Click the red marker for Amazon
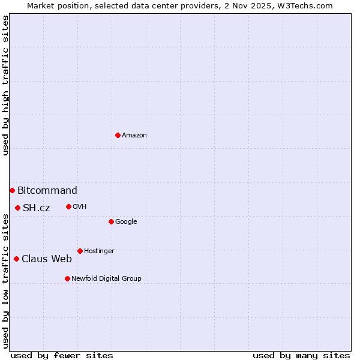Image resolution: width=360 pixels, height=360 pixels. click(118, 135)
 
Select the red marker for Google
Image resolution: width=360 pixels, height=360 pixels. click(111, 221)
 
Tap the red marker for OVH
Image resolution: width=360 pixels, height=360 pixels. click(68, 206)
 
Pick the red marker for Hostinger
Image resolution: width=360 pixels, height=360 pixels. click(80, 251)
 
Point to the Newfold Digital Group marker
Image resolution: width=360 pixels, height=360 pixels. click(67, 278)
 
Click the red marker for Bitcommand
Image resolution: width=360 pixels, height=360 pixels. click(12, 190)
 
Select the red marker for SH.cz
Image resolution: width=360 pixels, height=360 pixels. click(17, 208)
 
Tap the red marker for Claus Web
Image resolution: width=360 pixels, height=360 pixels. click(16, 259)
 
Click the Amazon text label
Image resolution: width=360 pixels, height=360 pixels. click(134, 136)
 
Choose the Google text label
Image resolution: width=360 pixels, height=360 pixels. click(126, 222)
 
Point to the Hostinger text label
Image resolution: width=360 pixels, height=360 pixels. click(99, 251)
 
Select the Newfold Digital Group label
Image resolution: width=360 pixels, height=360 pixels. click(106, 279)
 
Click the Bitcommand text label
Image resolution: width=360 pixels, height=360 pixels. click(47, 191)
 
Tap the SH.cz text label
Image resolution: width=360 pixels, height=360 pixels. click(36, 208)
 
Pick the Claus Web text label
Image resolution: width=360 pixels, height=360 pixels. click(47, 259)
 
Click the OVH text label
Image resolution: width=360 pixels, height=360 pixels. click(80, 207)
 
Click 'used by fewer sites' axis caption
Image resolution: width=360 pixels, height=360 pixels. click(62, 355)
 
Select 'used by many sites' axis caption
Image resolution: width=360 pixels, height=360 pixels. click(301, 355)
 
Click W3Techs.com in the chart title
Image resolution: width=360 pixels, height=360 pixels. click(305, 5)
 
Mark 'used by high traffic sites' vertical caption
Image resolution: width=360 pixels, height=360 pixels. click(5, 85)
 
